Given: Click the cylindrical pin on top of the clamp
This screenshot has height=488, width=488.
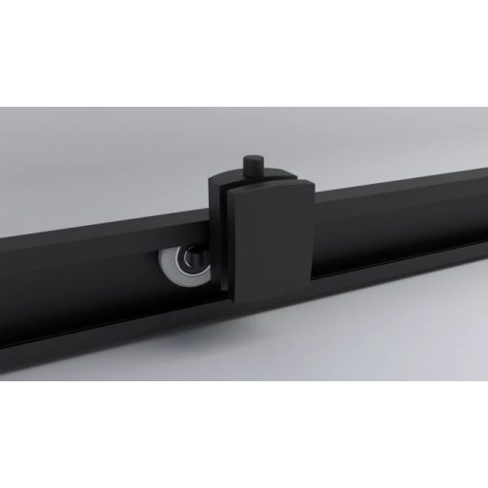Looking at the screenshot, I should pos(252,166).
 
